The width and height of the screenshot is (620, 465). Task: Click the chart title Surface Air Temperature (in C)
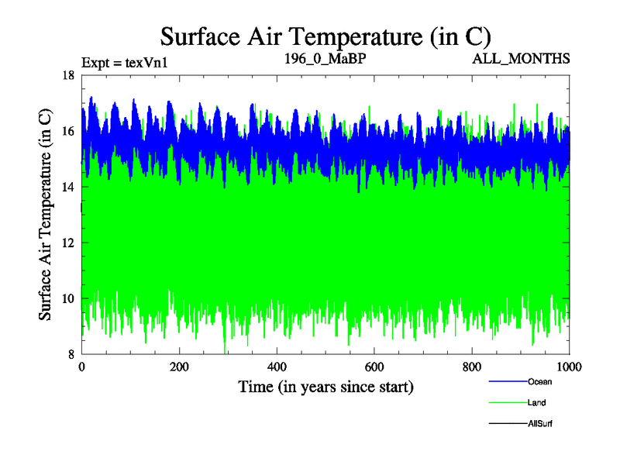point(325,36)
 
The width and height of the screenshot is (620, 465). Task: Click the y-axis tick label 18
point(67,75)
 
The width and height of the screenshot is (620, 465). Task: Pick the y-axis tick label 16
point(67,131)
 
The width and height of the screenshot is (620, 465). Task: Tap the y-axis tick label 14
point(67,187)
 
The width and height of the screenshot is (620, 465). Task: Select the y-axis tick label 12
point(67,243)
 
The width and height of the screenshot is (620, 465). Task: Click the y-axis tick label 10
point(67,298)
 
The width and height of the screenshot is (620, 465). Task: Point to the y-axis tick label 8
point(71,354)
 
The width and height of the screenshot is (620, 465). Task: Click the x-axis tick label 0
point(81,367)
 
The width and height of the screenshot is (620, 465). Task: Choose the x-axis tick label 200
point(179,367)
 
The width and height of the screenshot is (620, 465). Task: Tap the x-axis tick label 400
point(277,367)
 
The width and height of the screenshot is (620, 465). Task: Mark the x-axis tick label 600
point(374,367)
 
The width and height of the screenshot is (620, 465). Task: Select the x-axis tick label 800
point(472,367)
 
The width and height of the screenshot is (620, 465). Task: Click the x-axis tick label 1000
point(568,367)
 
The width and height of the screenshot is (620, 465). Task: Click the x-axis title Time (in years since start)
point(325,386)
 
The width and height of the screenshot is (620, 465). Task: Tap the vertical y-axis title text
point(46,215)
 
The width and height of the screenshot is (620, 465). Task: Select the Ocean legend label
point(539,381)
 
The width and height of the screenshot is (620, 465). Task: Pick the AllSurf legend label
point(539,424)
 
